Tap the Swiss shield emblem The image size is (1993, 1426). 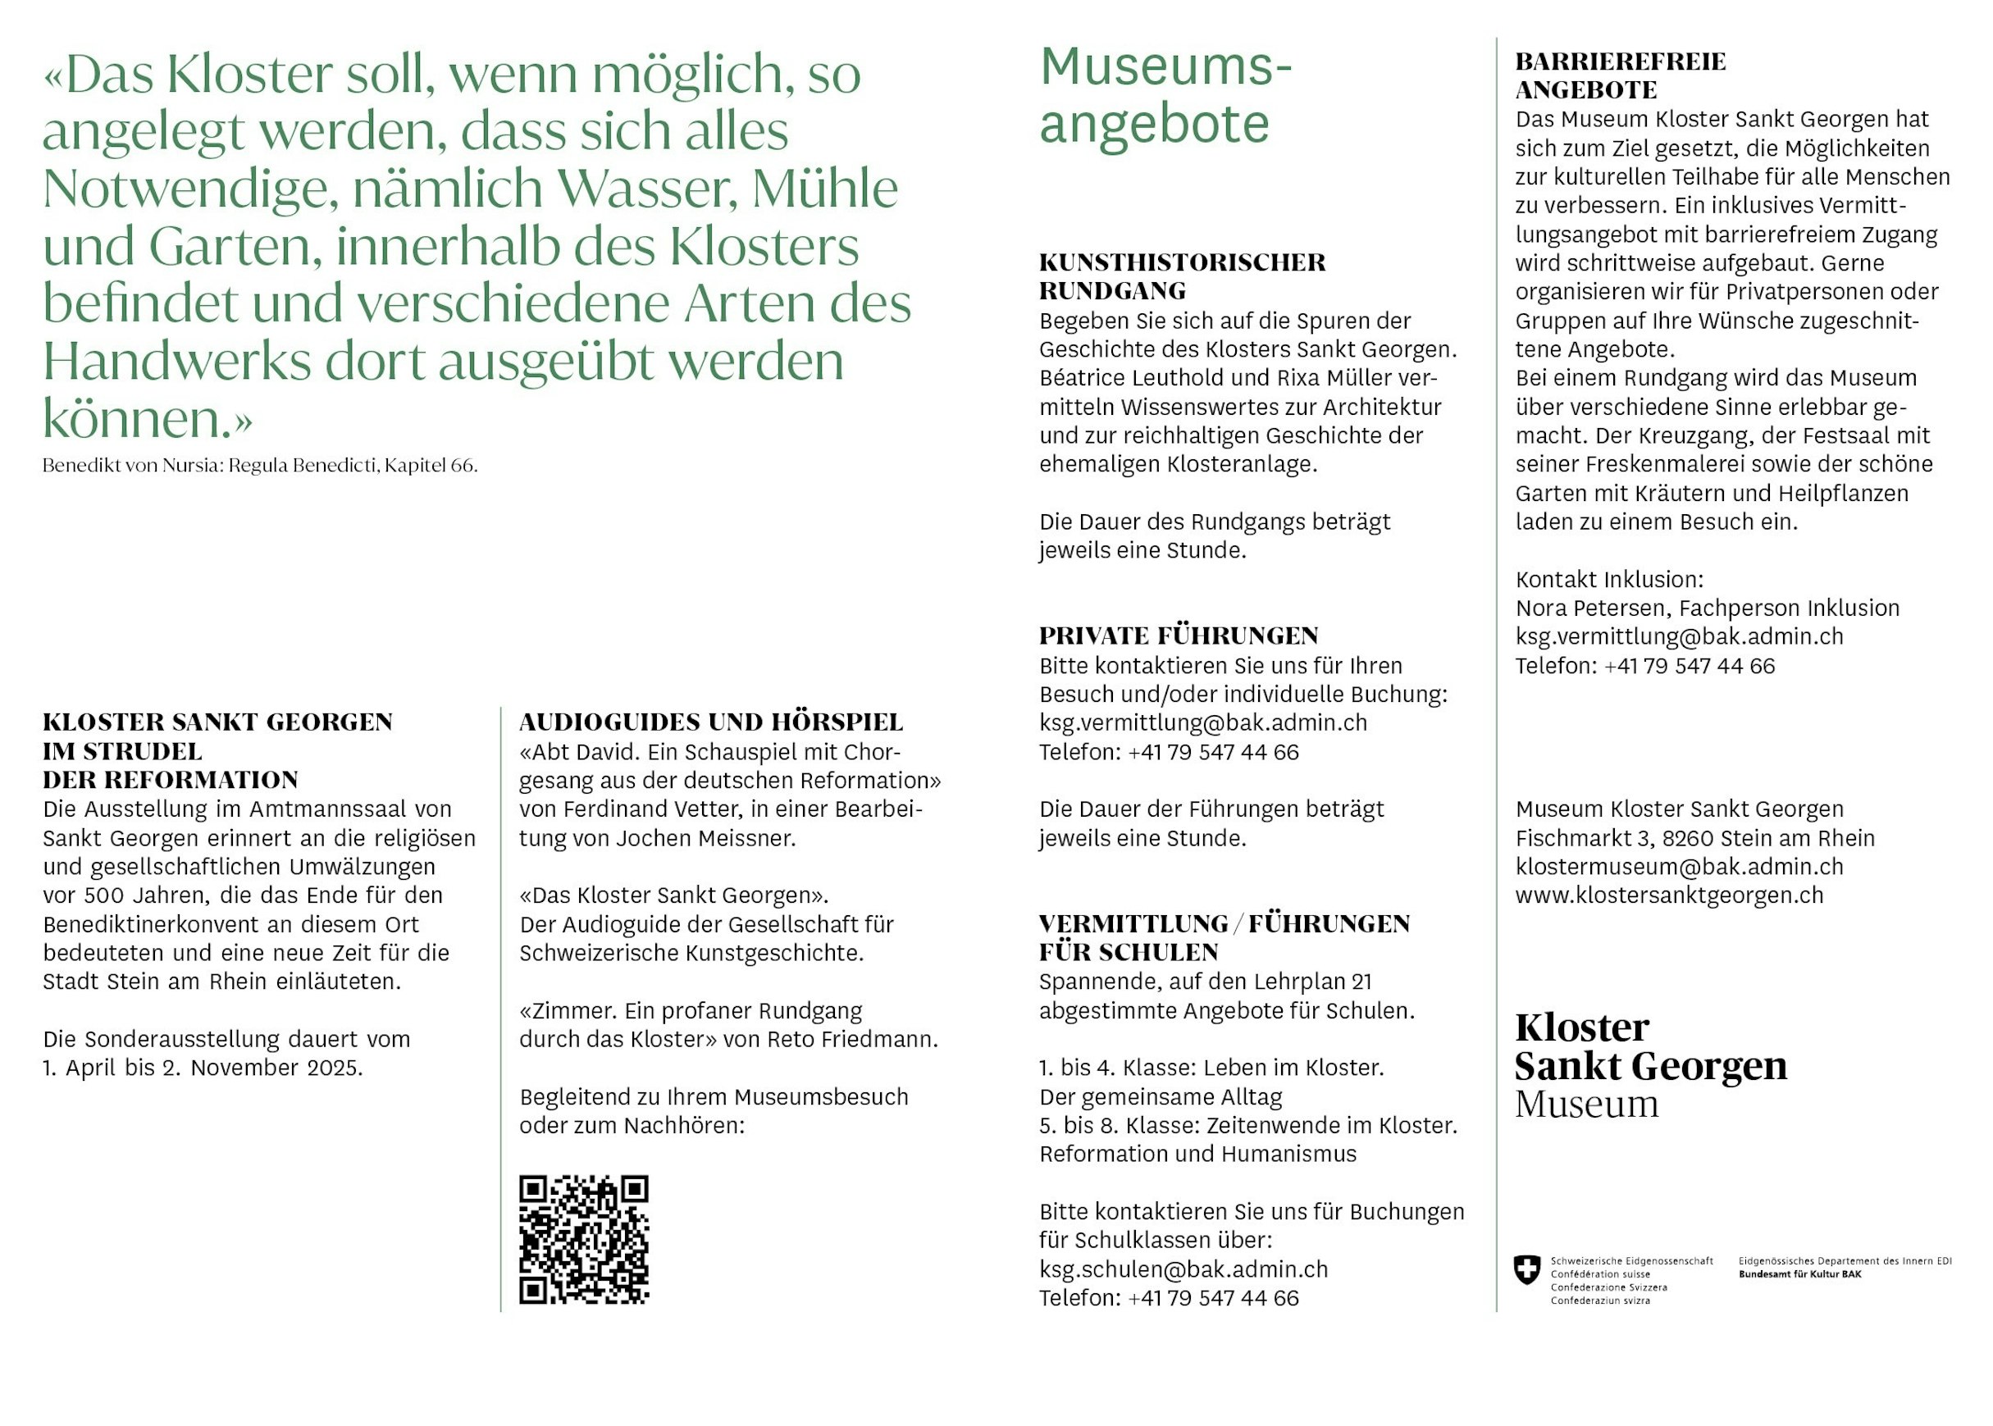pos(1527,1269)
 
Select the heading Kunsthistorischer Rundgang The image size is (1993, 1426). pos(1182,276)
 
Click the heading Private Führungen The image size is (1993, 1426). pos(1179,636)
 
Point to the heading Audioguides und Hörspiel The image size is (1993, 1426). pos(710,722)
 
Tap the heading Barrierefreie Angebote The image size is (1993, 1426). pos(1620,75)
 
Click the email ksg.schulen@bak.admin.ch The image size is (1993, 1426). pos(1183,1269)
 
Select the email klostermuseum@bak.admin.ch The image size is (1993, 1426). pos(1679,867)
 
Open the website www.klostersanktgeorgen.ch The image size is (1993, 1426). pos(1669,895)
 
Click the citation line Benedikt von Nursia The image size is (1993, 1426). pos(260,466)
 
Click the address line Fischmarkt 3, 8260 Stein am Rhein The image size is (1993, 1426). pos(1694,839)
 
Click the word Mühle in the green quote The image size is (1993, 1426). pos(824,188)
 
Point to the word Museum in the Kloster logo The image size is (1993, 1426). pos(1586,1104)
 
